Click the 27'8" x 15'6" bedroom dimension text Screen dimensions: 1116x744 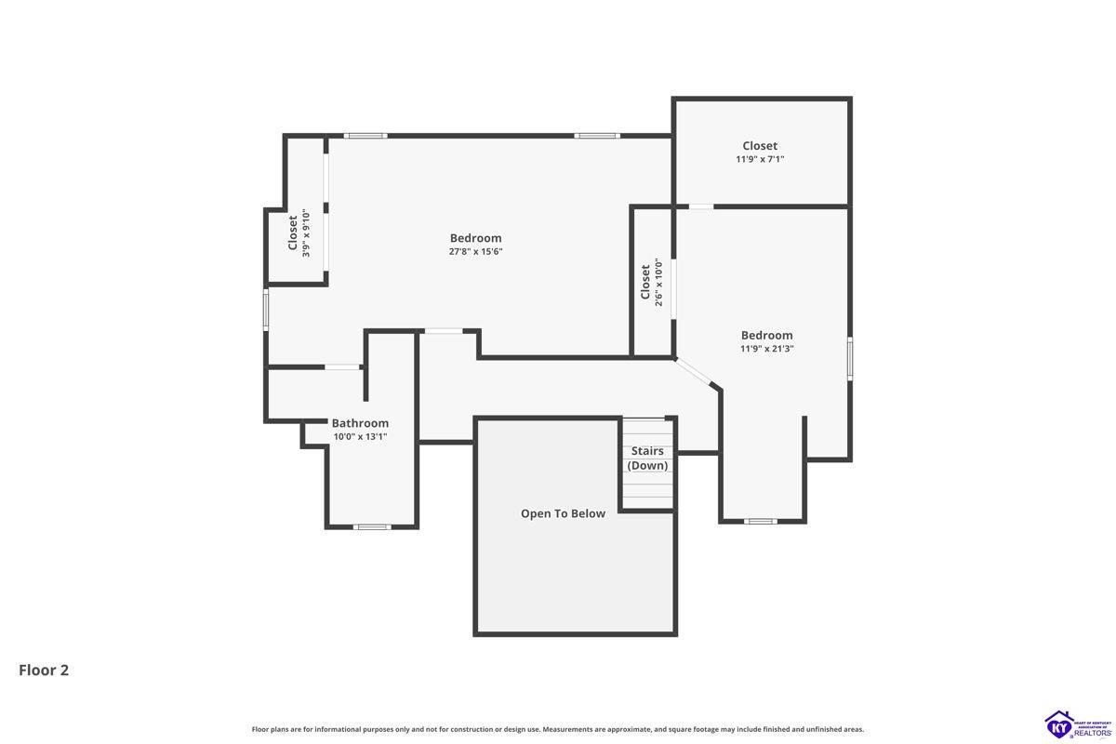click(x=475, y=252)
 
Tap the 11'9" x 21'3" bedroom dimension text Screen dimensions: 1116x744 click(x=766, y=349)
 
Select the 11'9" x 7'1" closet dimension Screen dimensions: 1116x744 click(x=760, y=159)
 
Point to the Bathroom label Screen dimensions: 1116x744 click(x=360, y=423)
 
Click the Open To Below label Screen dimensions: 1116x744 click(x=563, y=513)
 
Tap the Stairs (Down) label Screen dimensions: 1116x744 click(x=647, y=458)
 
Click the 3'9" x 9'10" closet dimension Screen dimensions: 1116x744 click(x=306, y=233)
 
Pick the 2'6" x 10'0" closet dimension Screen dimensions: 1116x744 click(x=658, y=282)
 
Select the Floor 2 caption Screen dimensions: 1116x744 click(x=44, y=671)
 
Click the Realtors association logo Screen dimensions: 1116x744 click(x=1078, y=725)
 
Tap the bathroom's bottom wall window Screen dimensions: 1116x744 click(x=372, y=527)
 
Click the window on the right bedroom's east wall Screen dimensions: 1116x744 click(x=850, y=359)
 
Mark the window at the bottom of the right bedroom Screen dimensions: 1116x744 click(x=761, y=522)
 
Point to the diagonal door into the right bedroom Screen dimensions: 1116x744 click(x=693, y=372)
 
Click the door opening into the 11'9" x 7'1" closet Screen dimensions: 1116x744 click(x=701, y=206)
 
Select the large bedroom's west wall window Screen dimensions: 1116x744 click(x=266, y=310)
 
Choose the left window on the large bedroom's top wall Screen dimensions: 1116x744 click(x=365, y=136)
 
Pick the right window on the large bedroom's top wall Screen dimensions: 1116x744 click(x=597, y=136)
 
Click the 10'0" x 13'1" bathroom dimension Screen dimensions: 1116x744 click(x=360, y=437)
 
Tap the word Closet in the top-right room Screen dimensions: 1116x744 click(x=760, y=146)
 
